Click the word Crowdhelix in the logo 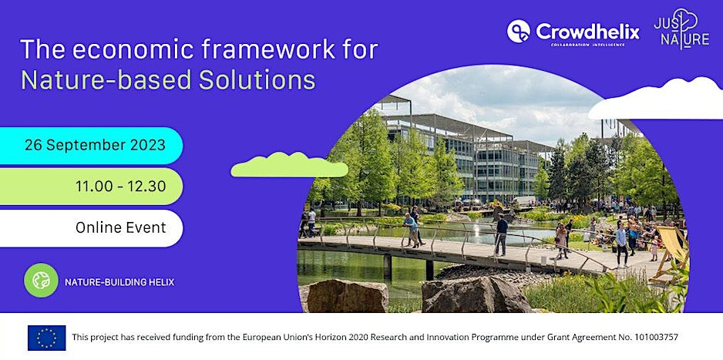tap(588, 32)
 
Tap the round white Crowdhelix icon tap(518, 31)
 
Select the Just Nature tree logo tap(681, 29)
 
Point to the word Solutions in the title tap(257, 79)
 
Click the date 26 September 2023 tap(95, 145)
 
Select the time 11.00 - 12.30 tap(121, 187)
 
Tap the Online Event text tap(121, 227)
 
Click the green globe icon tap(41, 281)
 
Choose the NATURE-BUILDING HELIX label tap(119, 281)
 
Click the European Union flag tap(46, 338)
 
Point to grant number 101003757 tap(653, 338)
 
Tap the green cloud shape tap(289, 165)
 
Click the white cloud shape tap(656, 99)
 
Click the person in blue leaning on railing tap(412, 230)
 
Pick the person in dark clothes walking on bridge tap(501, 235)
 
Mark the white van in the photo tap(525, 201)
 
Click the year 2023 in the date tap(147, 145)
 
